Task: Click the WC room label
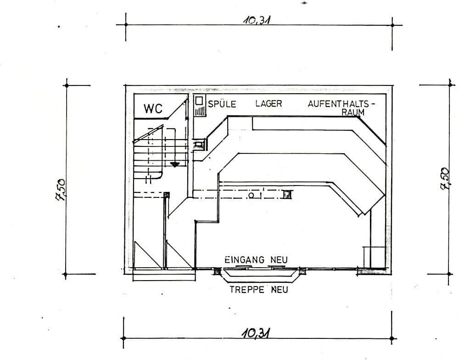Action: coord(153,109)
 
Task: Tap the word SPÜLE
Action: coord(222,104)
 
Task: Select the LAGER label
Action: coord(269,104)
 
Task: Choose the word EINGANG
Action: coord(245,260)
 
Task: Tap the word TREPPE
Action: coord(247,290)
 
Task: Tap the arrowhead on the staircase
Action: coord(174,164)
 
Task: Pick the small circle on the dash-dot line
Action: coord(251,196)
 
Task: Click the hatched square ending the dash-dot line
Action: coord(287,195)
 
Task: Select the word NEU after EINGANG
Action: coord(279,260)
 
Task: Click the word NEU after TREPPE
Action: coord(279,290)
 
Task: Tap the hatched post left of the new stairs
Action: coord(217,271)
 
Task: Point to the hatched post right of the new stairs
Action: coord(302,271)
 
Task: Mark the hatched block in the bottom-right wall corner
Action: coord(372,271)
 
